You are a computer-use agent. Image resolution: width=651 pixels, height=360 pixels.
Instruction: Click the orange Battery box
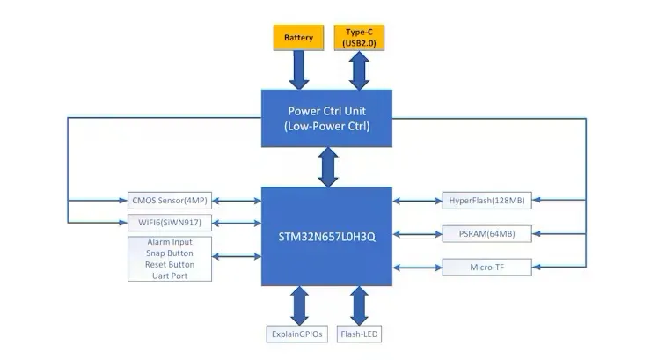pyautogui.click(x=298, y=38)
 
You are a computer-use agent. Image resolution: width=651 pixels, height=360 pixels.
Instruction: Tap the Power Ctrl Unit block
pyautogui.click(x=328, y=118)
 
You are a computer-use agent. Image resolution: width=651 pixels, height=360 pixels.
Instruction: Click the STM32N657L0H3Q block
pyautogui.click(x=328, y=236)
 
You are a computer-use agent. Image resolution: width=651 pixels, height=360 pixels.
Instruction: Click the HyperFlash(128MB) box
pyautogui.click(x=486, y=201)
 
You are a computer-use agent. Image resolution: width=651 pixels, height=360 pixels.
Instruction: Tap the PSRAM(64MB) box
pyautogui.click(x=486, y=233)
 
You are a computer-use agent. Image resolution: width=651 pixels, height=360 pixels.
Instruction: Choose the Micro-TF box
pyautogui.click(x=486, y=266)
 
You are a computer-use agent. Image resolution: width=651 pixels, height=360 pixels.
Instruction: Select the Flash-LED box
pyautogui.click(x=359, y=334)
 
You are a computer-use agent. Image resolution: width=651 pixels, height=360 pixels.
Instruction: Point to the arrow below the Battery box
pyautogui.click(x=298, y=70)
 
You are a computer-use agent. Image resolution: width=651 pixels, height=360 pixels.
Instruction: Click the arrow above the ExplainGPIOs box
pyautogui.click(x=296, y=305)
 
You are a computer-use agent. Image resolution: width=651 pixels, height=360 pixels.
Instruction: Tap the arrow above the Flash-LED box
pyautogui.click(x=359, y=305)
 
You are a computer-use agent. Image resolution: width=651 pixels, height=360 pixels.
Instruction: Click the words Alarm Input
pyautogui.click(x=170, y=241)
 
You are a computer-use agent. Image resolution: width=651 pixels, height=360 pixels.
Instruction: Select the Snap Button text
pyautogui.click(x=170, y=253)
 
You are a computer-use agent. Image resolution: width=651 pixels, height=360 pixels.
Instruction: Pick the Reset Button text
pyautogui.click(x=170, y=264)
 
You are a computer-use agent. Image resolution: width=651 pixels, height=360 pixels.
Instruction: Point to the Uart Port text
pyautogui.click(x=170, y=276)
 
